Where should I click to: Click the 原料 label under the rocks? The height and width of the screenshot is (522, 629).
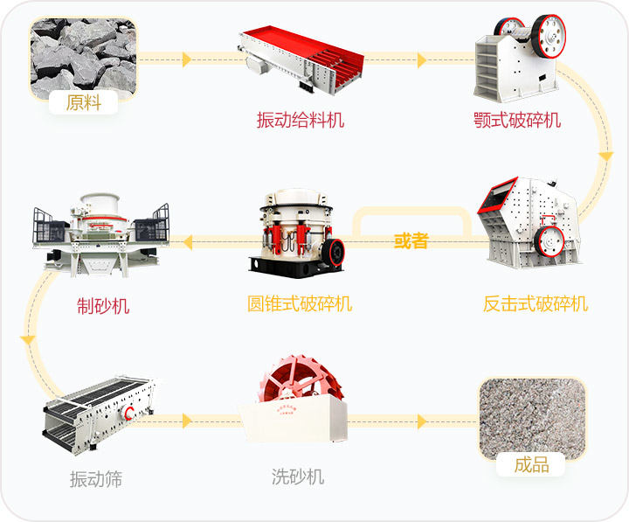[84, 102]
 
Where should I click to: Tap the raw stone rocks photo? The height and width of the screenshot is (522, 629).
[84, 59]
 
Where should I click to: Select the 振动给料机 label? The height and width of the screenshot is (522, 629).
[301, 120]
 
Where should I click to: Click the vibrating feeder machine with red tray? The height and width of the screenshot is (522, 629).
[301, 59]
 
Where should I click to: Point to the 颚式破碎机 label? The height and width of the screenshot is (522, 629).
[517, 120]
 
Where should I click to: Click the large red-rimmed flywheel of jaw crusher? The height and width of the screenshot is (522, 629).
[550, 36]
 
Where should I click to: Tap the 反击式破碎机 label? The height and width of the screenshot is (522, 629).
[536, 303]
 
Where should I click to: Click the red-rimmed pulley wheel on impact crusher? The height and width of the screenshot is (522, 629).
[550, 241]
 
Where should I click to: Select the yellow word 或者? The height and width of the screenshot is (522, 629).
[411, 240]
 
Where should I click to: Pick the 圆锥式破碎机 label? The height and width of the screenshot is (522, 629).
[300, 303]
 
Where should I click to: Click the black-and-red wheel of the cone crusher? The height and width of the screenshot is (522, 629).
[334, 252]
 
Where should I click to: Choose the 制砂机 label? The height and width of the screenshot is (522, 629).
[103, 306]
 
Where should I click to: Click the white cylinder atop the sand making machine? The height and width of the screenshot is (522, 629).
[100, 205]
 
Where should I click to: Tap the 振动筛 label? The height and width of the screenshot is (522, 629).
[96, 479]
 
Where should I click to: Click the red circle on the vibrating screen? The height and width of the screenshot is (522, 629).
[129, 413]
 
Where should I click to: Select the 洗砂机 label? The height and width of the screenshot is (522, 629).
[298, 477]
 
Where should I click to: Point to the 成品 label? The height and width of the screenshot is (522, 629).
[531, 464]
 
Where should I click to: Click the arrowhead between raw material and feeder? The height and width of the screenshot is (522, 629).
[187, 59]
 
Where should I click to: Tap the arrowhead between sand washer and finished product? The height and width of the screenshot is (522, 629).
[422, 421]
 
